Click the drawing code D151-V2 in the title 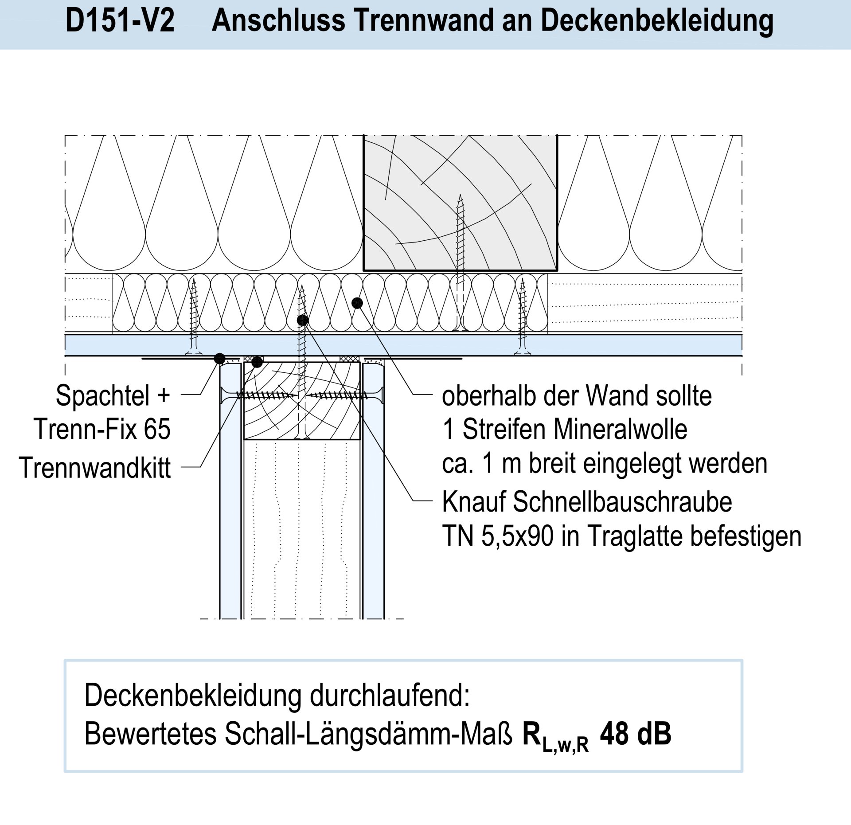(x=120, y=20)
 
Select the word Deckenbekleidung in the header (x=657, y=20)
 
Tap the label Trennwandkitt (x=95, y=468)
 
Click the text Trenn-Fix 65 (x=102, y=429)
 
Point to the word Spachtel (x=103, y=395)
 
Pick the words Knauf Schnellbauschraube (x=587, y=502)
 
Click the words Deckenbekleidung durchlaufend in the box (x=277, y=695)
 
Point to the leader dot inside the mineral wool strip (x=357, y=303)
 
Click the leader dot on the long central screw (x=303, y=320)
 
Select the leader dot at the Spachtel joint (x=220, y=358)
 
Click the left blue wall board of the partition (x=230, y=510)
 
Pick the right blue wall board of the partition (x=374, y=510)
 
